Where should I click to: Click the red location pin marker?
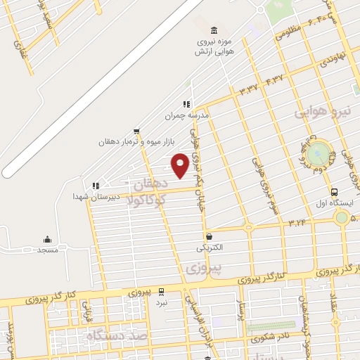[x=180, y=165]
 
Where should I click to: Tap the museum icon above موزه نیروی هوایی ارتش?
[x=214, y=30]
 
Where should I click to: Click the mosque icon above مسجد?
[x=48, y=239]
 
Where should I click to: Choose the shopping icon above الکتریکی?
[x=209, y=237]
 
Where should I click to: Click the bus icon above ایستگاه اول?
[x=333, y=191]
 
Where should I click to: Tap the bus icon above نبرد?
[x=161, y=291]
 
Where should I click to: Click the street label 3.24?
[x=297, y=222]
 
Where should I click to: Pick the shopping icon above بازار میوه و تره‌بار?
[x=136, y=131]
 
